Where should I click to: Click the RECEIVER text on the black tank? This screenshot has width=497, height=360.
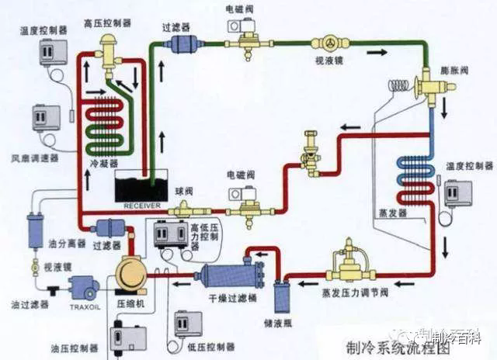tap(141, 206)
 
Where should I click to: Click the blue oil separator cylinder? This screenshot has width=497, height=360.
tap(34, 230)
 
